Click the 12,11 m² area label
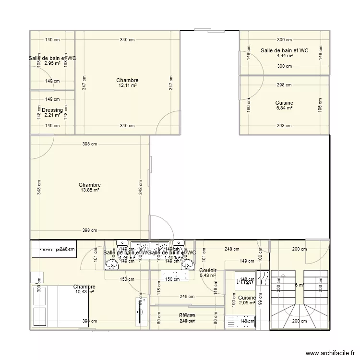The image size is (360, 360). point(127,85)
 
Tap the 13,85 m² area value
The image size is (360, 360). point(90,190)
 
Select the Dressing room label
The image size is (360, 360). point(52,110)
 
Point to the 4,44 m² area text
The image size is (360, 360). point(285,56)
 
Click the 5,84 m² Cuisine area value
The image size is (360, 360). point(284,108)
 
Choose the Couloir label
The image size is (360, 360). point(207,271)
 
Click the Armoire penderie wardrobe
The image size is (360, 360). point(53,250)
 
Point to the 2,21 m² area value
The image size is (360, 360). point(52,115)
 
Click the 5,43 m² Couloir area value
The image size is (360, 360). point(207,276)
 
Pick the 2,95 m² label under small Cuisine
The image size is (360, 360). point(247,303)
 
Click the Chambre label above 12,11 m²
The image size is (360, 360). point(127,80)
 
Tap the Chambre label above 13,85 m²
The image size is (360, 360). point(90,185)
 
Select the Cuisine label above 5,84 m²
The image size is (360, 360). point(284,103)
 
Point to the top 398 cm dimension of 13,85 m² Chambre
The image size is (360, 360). point(90,144)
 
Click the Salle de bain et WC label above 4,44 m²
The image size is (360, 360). point(285,50)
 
